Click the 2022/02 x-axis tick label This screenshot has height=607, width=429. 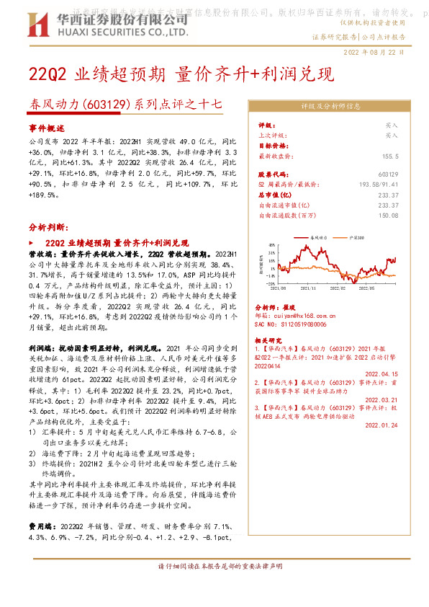click(x=338, y=288)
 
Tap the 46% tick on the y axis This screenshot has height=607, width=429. click(x=272, y=247)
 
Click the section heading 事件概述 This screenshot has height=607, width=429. click(x=47, y=127)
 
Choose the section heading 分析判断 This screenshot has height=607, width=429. click(x=49, y=226)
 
